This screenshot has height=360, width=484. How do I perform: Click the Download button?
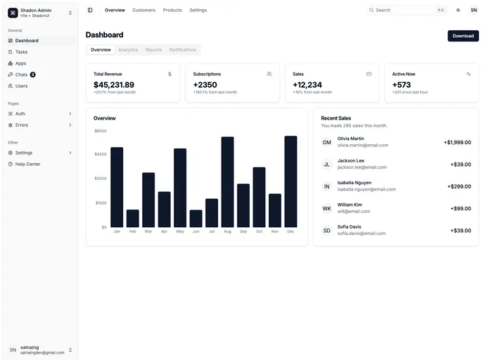463,36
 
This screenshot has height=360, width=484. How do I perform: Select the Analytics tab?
128,50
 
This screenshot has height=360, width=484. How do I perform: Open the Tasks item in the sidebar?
21,52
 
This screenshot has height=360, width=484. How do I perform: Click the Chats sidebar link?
21,75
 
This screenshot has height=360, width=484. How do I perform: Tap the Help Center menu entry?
27,164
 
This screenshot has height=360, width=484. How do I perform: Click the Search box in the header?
406,10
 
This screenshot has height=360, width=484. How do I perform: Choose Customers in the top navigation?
144,10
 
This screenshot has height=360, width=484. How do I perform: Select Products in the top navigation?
172,10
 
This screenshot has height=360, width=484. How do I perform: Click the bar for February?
132,218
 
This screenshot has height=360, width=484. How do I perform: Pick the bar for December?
291,181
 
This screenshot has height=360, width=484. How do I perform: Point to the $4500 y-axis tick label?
100,154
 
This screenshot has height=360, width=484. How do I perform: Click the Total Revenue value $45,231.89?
113,84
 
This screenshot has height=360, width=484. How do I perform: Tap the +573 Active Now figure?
401,84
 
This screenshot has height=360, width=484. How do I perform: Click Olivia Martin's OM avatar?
326,142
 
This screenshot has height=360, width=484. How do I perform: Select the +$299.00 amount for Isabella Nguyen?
459,186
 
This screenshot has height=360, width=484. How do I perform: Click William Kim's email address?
353,211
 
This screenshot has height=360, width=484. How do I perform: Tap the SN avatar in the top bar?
473,10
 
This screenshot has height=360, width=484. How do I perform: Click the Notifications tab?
183,50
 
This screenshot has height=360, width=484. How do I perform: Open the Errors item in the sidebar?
21,125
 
